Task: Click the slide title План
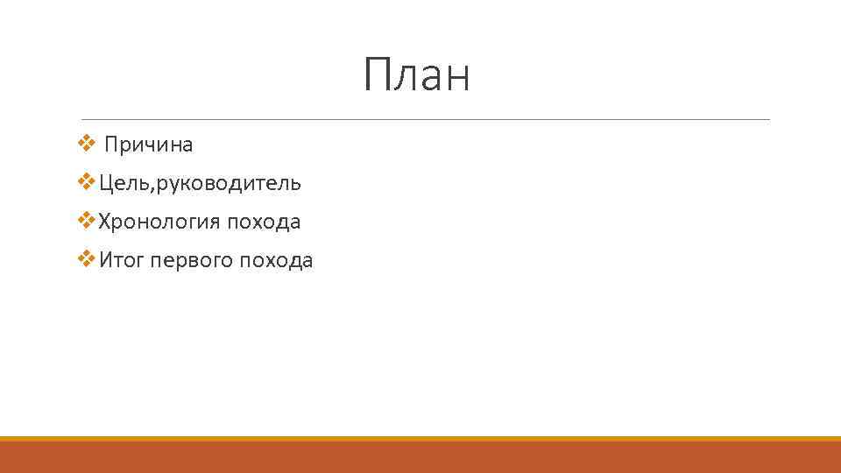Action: [x=417, y=74]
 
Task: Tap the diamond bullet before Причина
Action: [x=85, y=143]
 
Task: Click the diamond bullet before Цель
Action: [x=85, y=182]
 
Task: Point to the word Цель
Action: [x=122, y=183]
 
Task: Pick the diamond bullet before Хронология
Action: [x=85, y=221]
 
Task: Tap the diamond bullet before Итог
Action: [x=85, y=259]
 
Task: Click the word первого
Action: [x=192, y=261]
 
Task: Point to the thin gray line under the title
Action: [x=425, y=119]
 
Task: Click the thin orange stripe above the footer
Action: [x=420, y=438]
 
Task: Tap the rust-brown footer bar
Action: [x=420, y=457]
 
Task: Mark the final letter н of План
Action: [x=457, y=79]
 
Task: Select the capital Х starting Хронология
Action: [x=105, y=222]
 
